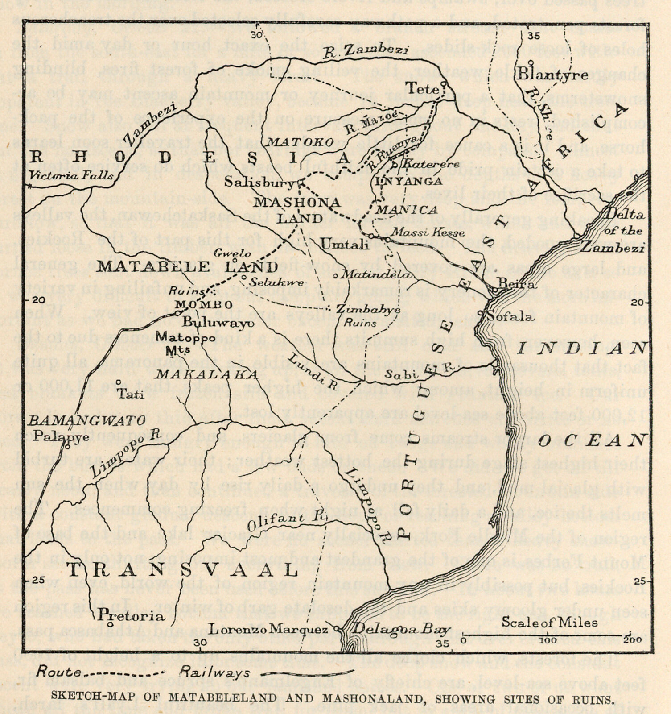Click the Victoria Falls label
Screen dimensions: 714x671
click(77, 176)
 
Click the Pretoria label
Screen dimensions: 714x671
click(132, 616)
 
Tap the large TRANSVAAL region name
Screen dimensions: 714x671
click(181, 570)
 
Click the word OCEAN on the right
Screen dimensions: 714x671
click(592, 441)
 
